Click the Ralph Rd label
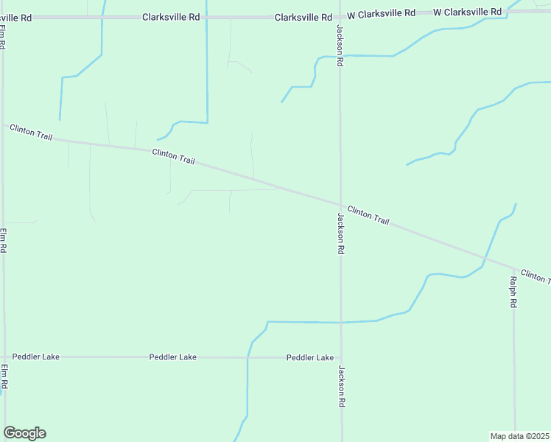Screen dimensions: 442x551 [513, 292]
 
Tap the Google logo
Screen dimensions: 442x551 [24, 433]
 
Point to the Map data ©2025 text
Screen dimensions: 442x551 [520, 435]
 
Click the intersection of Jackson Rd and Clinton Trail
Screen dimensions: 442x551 [340, 204]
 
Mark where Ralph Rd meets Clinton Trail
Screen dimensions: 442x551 [513, 268]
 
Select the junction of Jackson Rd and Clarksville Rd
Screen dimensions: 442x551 [340, 15]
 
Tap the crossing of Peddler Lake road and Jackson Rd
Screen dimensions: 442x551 [340, 357]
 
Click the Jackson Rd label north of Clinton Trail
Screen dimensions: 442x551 [340, 46]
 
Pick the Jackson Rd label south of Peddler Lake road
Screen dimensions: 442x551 [341, 387]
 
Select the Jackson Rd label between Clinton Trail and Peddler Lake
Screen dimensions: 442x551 [340, 234]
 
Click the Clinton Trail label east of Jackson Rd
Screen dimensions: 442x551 [368, 215]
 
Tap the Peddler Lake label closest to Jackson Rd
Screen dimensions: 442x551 [310, 357]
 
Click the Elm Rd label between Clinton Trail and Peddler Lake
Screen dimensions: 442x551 [4, 241]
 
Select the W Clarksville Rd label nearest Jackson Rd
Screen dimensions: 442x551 [381, 13]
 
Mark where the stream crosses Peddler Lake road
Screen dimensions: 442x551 [248, 357]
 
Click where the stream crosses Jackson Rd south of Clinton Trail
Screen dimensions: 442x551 [340, 322]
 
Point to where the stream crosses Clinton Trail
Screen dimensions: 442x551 [485, 259]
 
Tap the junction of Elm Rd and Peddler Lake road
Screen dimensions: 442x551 [4, 357]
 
